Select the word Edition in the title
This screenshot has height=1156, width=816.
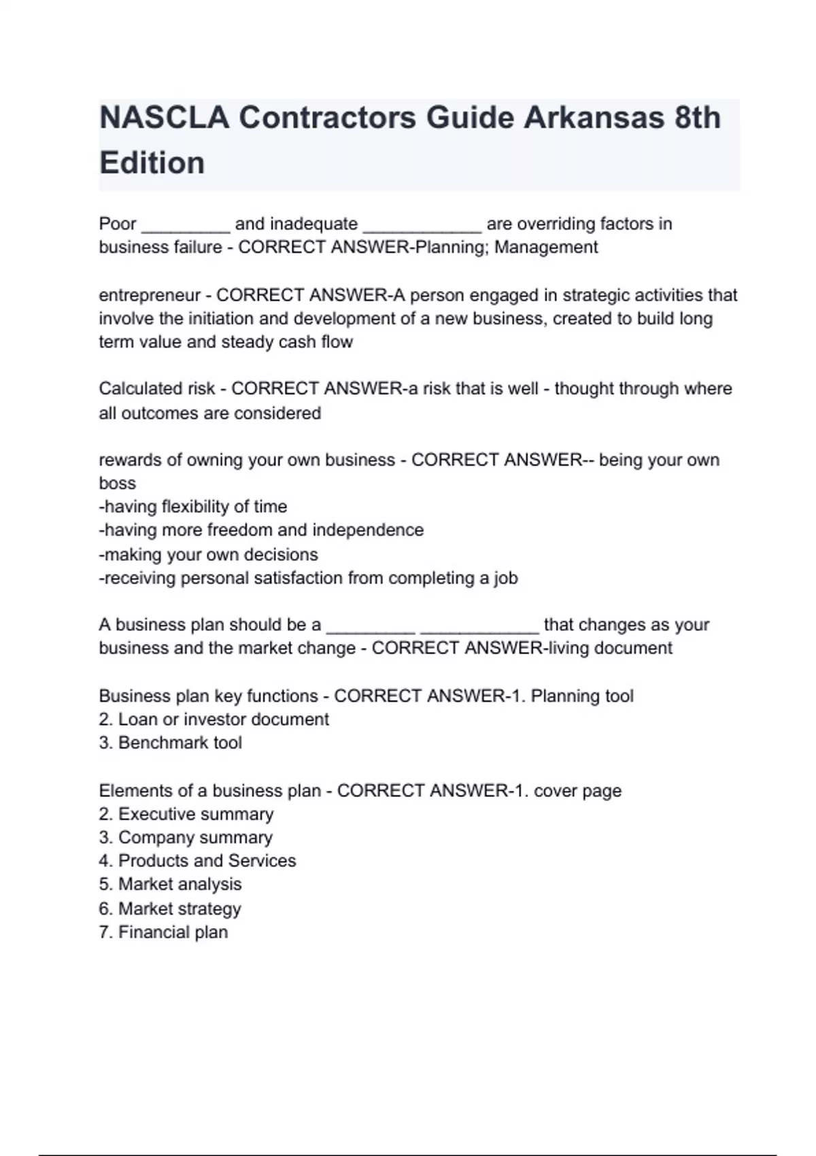click(152, 163)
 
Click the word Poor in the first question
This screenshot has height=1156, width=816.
click(118, 224)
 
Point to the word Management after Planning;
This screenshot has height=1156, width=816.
click(546, 247)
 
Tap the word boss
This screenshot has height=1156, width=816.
click(117, 483)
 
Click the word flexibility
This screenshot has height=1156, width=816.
click(194, 507)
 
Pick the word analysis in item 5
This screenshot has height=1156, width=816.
click(210, 884)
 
